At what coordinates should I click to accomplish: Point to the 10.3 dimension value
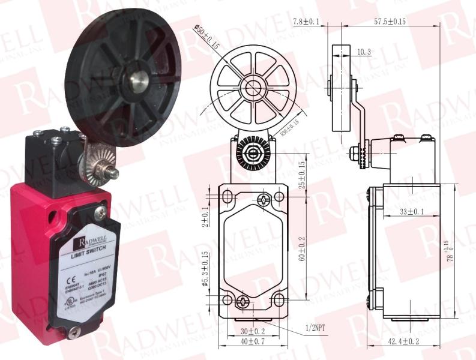(x=363, y=52)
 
